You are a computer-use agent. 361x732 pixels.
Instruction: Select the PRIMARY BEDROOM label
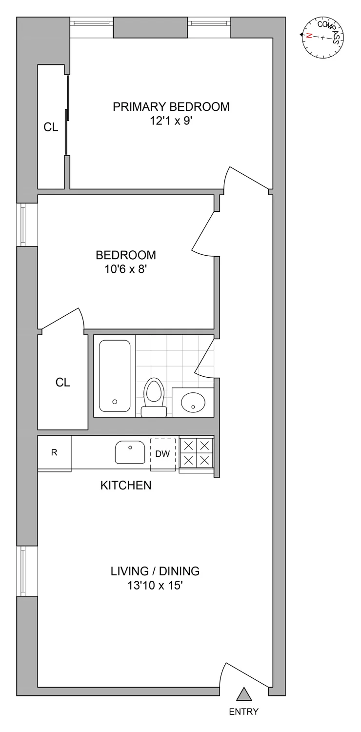click(171, 106)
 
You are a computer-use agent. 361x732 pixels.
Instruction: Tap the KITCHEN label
click(126, 485)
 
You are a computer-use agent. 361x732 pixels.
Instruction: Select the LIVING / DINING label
click(155, 571)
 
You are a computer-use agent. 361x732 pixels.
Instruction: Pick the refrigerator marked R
click(55, 453)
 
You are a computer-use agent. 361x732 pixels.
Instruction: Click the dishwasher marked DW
click(162, 454)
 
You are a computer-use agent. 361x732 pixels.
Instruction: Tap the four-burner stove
click(197, 453)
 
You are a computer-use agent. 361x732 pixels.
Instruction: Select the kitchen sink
click(130, 452)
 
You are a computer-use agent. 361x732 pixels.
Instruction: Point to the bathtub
click(115, 376)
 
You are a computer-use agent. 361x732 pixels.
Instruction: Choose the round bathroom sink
click(193, 402)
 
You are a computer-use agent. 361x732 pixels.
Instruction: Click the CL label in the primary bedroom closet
click(51, 128)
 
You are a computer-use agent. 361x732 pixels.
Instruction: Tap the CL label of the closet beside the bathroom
click(62, 383)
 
